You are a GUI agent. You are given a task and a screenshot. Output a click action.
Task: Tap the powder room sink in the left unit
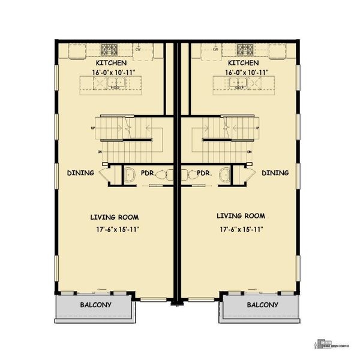(x=130, y=175)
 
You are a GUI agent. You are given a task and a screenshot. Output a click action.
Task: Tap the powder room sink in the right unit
(x=224, y=175)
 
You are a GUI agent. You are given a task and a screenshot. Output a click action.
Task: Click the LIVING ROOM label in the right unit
(x=241, y=215)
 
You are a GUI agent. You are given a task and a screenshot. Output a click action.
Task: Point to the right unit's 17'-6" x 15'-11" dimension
(x=241, y=229)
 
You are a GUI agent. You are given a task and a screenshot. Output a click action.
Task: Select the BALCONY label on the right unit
(x=262, y=305)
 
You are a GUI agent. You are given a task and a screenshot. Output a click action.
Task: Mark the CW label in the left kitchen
(x=139, y=49)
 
